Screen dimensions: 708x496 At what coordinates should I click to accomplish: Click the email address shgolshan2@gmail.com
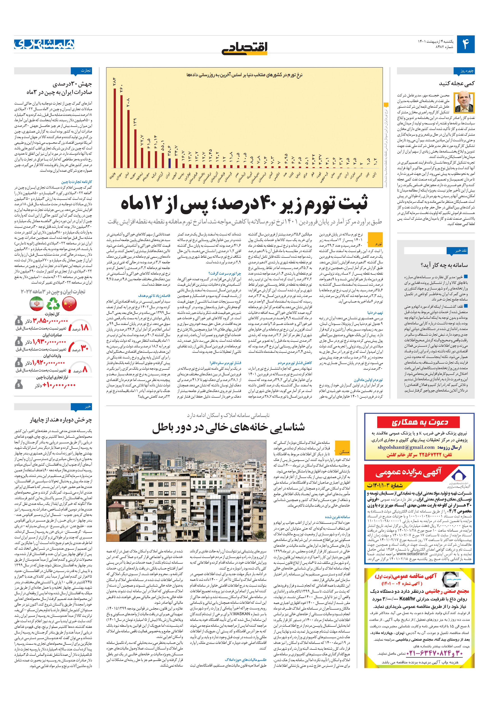coord(406,447)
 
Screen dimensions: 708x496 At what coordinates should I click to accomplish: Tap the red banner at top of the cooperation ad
coord(418,422)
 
